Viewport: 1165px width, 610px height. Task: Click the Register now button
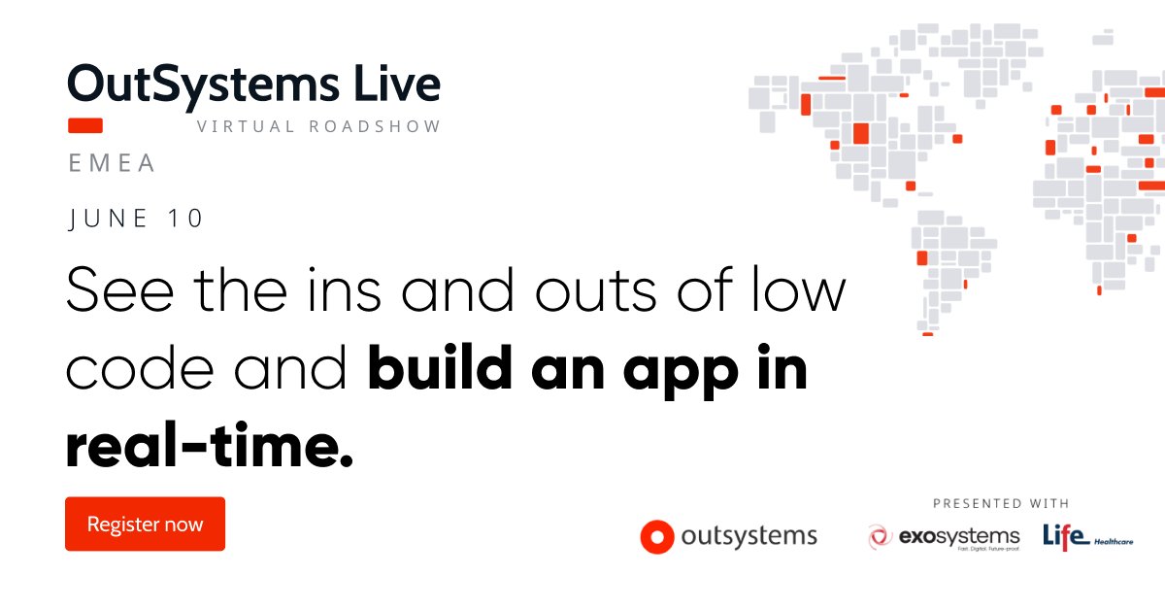pos(145,525)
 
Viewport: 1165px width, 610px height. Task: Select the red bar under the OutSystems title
pos(85,125)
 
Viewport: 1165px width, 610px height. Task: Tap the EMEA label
pos(112,163)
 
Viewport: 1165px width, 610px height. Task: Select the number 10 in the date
pos(185,219)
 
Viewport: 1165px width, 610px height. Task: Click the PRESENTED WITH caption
pos(1001,503)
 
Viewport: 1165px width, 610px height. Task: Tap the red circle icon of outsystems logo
pos(656,536)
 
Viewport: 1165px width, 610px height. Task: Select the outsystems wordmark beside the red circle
pos(749,536)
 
